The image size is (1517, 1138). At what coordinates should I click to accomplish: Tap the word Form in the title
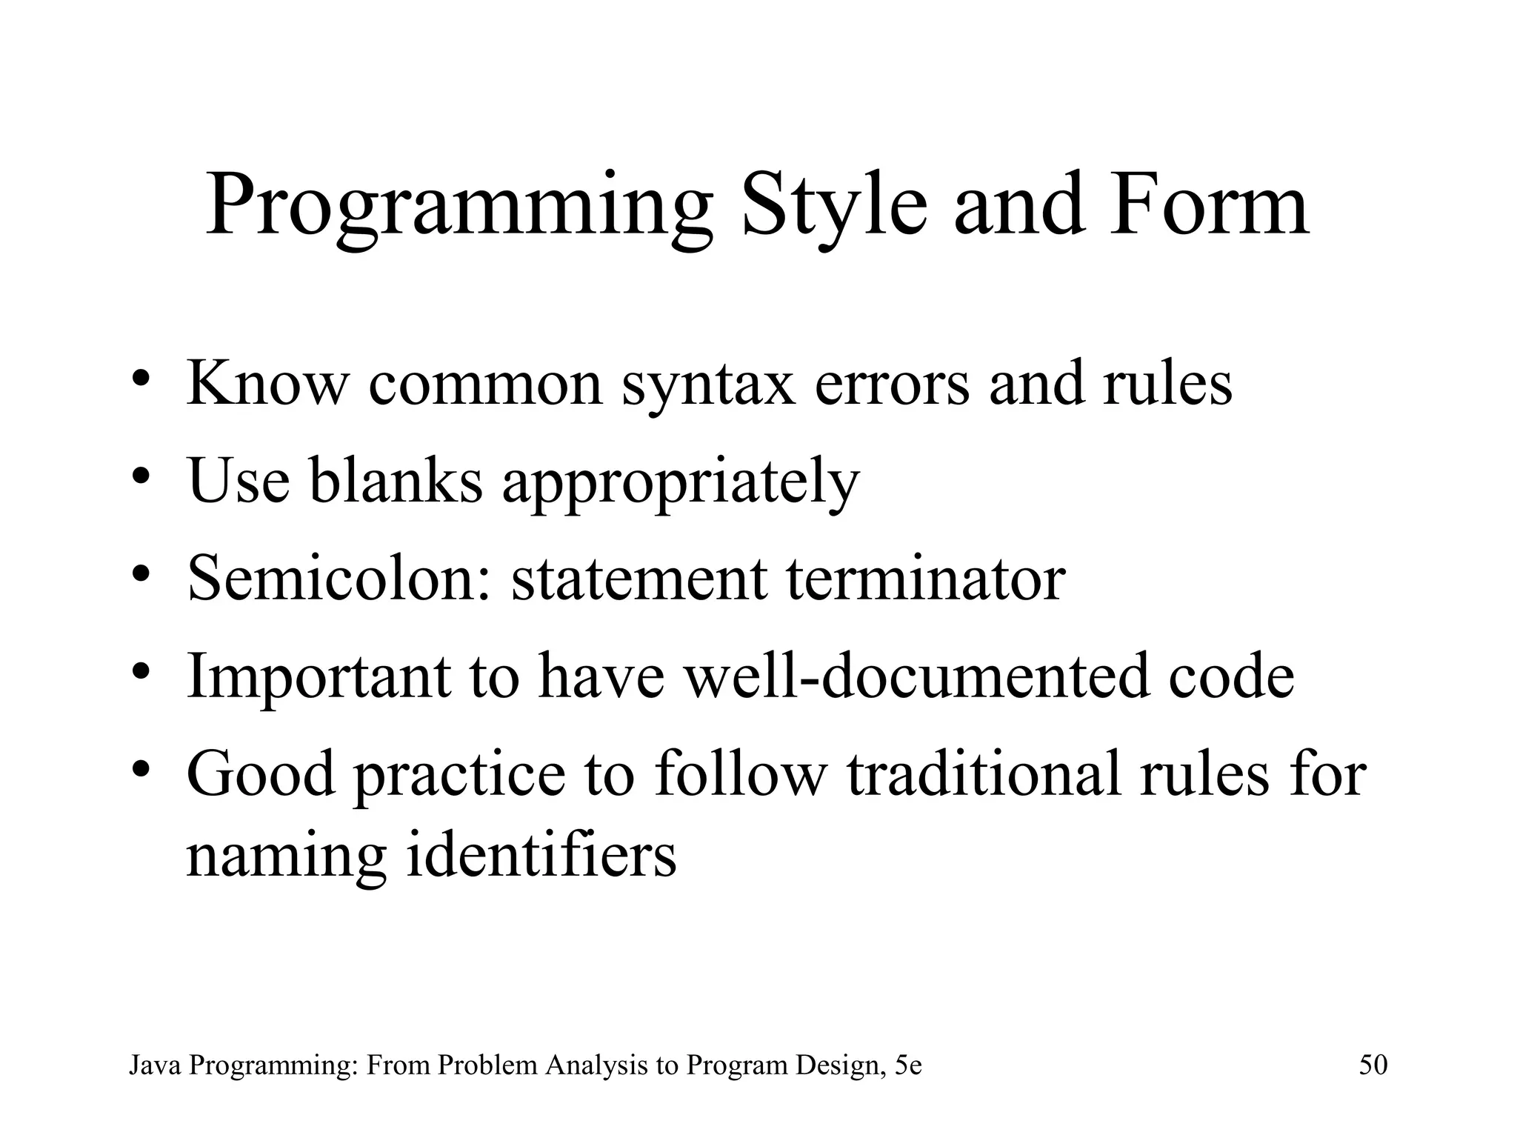click(x=1208, y=204)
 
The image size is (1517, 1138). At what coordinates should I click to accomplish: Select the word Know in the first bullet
click(x=267, y=383)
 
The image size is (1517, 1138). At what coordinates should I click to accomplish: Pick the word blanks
click(x=396, y=480)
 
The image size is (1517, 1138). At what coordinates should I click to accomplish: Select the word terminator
click(x=925, y=578)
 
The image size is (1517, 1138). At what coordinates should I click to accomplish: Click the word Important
click(x=319, y=676)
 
